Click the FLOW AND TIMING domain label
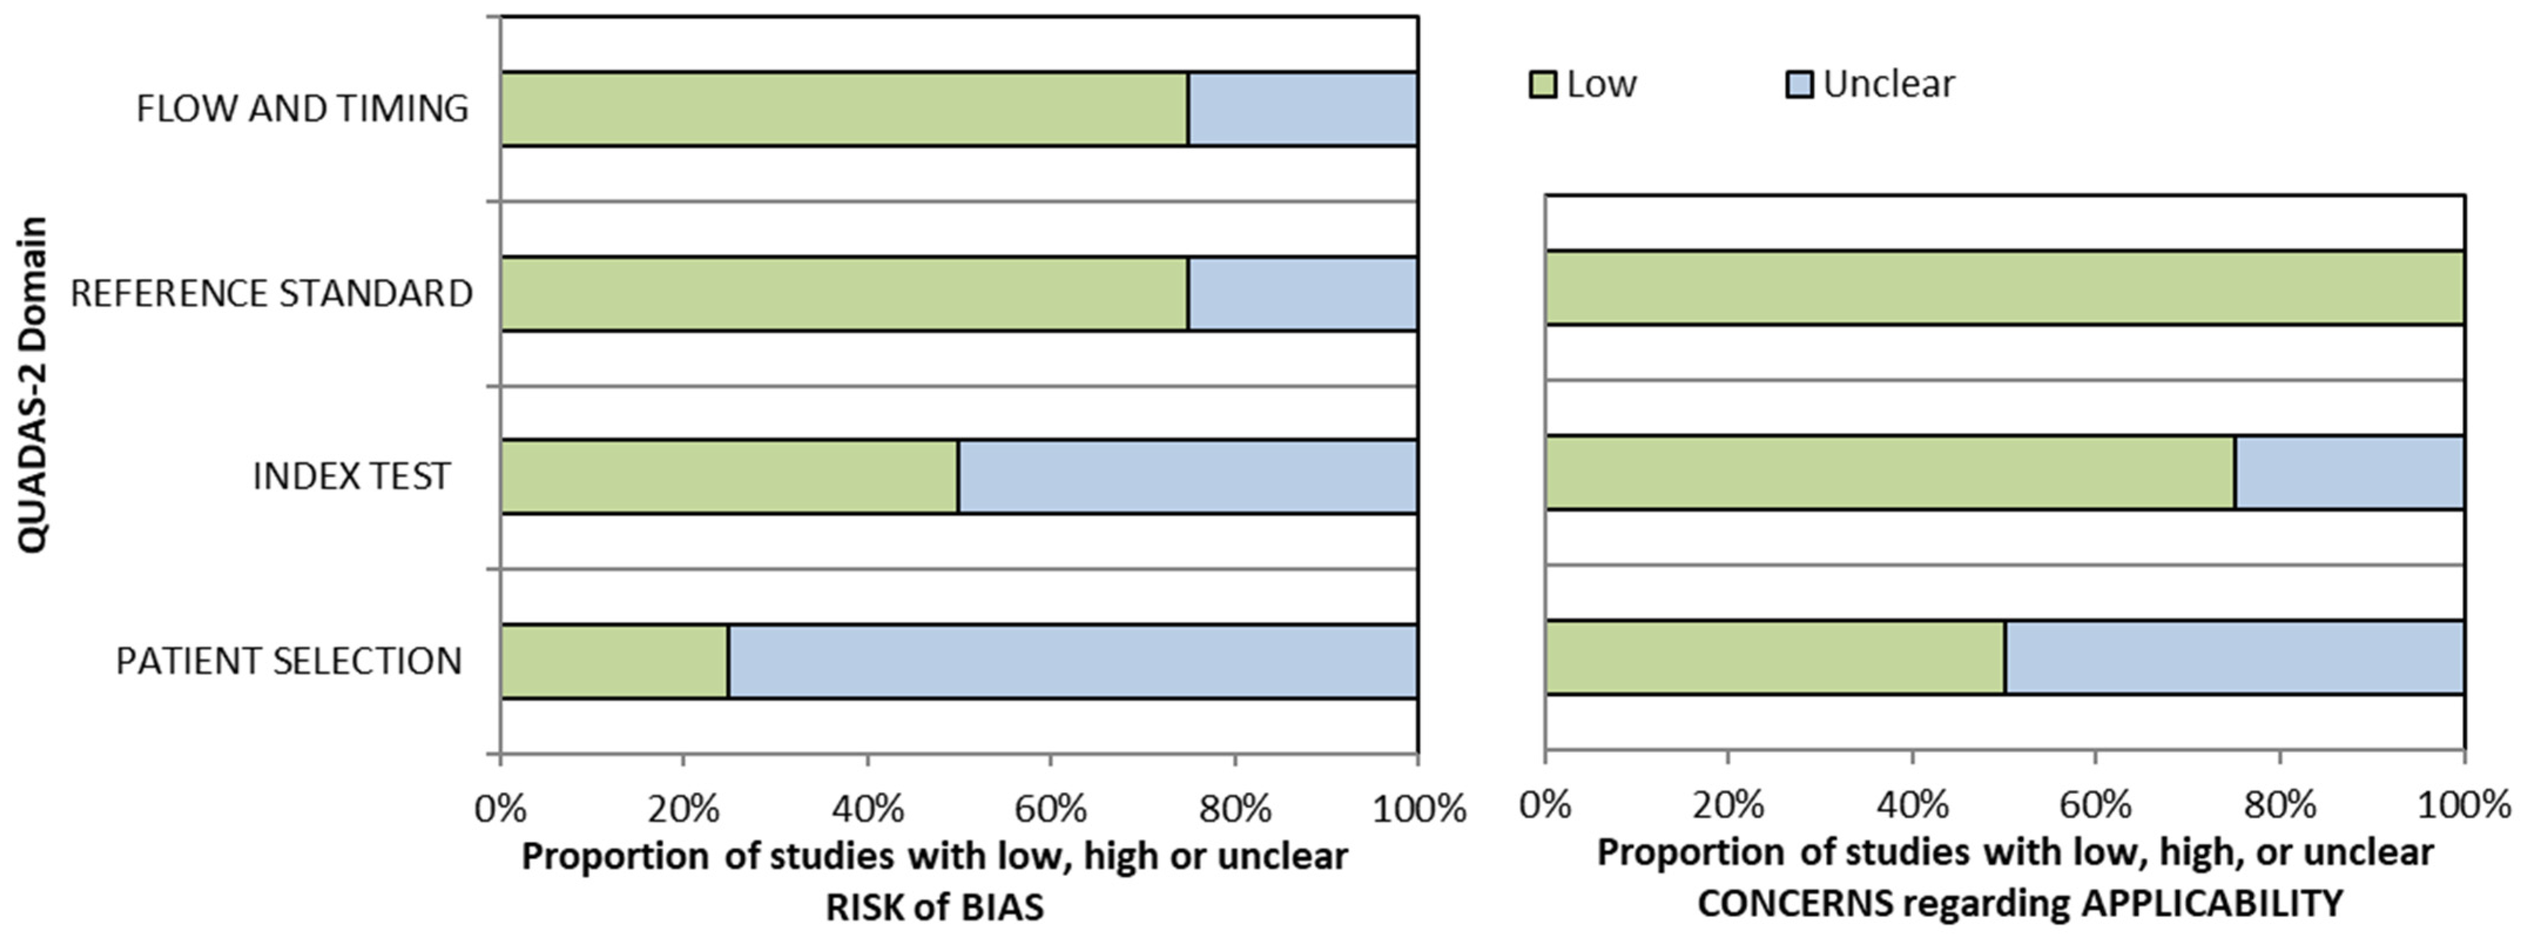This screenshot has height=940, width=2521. [302, 109]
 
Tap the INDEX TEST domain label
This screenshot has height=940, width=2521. [352, 476]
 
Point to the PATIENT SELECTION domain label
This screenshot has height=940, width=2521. [289, 661]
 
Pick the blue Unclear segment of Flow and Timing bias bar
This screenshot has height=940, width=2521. [1302, 109]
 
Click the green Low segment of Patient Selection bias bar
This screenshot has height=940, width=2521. [615, 661]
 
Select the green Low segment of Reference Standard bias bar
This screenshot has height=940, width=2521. [845, 294]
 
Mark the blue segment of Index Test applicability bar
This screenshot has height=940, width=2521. [2350, 472]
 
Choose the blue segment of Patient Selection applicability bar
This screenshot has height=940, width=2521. [2234, 657]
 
